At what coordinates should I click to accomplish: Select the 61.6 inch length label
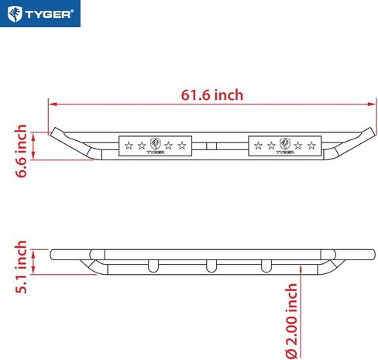212,95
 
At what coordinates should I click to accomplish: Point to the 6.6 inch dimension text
22,150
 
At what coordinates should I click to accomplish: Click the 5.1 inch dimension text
22,266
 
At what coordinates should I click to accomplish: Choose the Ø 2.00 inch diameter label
292,320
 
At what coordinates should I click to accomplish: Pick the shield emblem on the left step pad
155,143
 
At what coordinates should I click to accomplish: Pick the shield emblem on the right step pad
285,143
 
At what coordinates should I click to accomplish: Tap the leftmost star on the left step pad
129,145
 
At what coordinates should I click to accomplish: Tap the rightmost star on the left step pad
181,145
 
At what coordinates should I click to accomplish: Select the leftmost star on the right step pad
259,145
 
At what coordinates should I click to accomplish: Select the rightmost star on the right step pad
311,145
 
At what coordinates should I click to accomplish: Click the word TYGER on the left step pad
155,152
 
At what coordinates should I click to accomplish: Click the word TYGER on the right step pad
285,152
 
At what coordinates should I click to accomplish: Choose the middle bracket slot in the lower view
209,266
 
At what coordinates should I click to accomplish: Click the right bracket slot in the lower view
267,266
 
